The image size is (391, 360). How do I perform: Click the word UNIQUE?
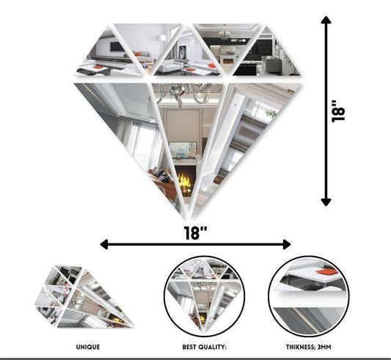click(87, 346)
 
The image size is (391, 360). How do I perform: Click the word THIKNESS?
click(293, 346)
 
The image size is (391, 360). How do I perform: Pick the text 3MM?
click(327, 346)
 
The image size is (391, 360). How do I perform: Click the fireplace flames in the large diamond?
click(183, 180)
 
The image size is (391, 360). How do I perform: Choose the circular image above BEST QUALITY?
click(201, 293)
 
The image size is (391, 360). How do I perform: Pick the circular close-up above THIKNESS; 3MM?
click(308, 293)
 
